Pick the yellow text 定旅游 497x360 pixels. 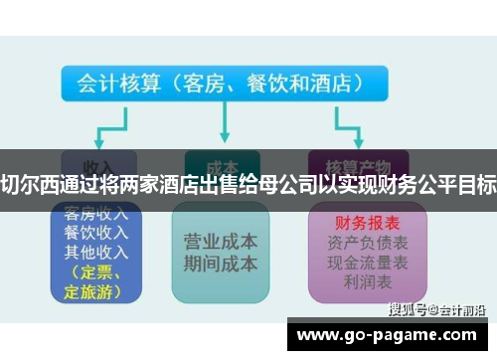point(90,291)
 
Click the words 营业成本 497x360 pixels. point(221,242)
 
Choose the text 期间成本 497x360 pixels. point(221,264)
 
